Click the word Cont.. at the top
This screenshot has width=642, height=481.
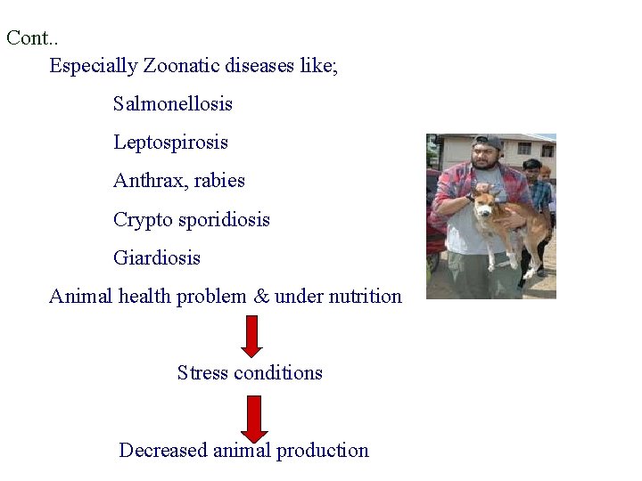click(x=32, y=38)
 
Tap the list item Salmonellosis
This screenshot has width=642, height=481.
click(x=173, y=104)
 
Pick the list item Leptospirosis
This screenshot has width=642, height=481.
click(x=170, y=143)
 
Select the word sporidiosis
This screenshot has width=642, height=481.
click(x=223, y=220)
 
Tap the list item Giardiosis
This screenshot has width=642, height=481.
click(x=157, y=258)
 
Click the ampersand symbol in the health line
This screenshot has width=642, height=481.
click(x=261, y=297)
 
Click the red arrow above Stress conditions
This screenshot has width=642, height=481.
click(x=252, y=335)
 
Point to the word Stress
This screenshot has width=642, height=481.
click(x=202, y=372)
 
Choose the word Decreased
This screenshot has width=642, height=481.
click(x=163, y=450)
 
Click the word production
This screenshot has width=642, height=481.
click(x=322, y=450)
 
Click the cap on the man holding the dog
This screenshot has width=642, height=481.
click(x=488, y=141)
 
